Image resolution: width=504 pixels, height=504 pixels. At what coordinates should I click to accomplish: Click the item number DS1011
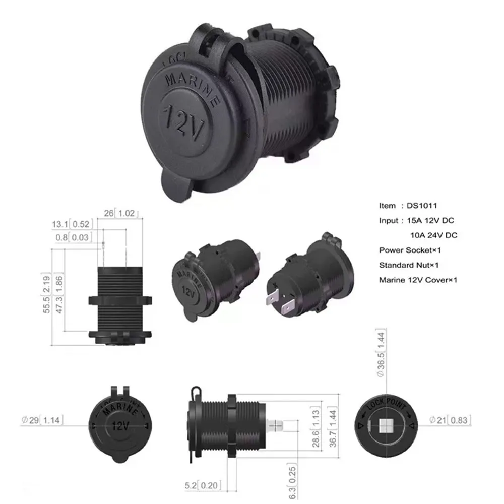click(x=422, y=206)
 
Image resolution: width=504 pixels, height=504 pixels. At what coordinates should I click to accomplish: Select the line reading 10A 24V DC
click(x=433, y=235)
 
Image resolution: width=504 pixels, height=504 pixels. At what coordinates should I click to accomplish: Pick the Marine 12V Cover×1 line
click(x=418, y=280)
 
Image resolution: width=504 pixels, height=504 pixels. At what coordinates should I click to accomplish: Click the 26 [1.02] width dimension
click(x=120, y=213)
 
